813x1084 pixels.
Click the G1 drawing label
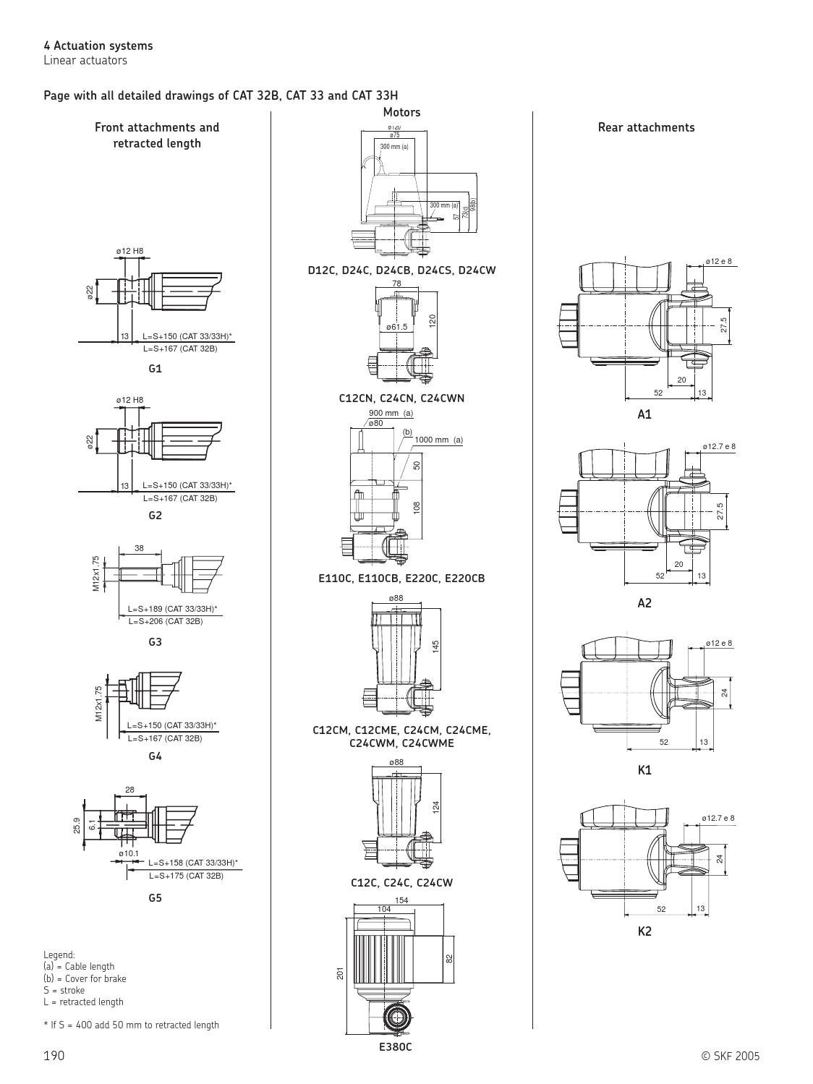point(155,368)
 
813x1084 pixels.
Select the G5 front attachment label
point(155,897)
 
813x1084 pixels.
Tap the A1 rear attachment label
point(644,414)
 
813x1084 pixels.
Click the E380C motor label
point(395,1046)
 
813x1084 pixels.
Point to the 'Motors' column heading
point(401,112)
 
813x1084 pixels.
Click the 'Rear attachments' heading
point(646,127)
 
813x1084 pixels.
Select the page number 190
point(54,1056)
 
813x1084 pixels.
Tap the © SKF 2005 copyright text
point(731,1056)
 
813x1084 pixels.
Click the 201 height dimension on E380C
point(341,974)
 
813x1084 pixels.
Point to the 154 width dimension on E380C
point(401,900)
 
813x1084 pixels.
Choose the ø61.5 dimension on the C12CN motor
point(396,327)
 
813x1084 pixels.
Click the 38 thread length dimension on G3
point(139,548)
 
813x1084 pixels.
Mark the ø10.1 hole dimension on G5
point(129,853)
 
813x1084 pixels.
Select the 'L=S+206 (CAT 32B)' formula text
point(166,621)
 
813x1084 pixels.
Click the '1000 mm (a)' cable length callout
point(438,440)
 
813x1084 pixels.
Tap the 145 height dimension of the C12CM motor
point(436,646)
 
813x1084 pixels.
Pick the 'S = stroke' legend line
point(64,990)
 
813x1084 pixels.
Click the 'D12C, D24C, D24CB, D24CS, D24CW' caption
point(401,270)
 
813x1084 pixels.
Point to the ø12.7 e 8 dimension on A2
point(719,446)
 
